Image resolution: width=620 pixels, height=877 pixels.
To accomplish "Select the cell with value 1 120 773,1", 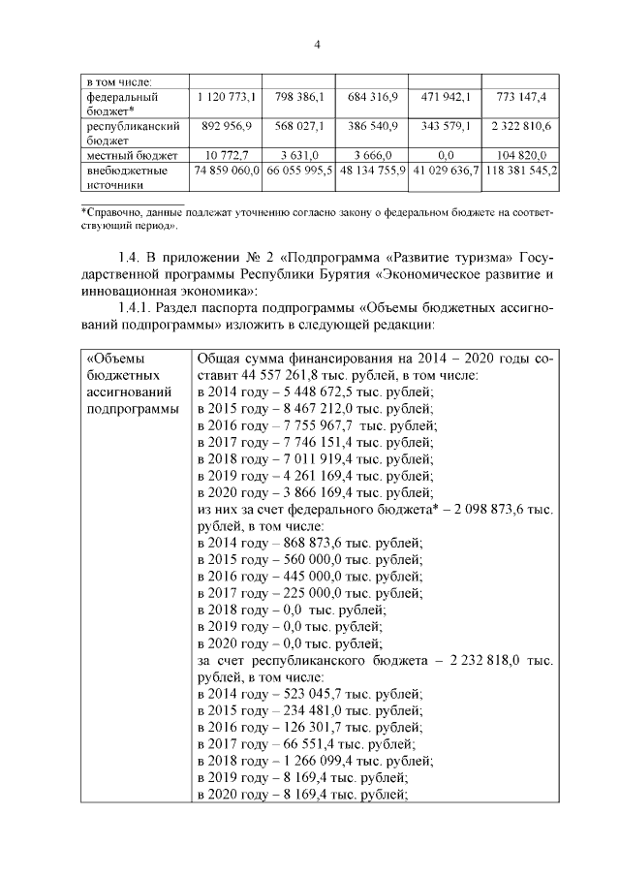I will click(226, 97).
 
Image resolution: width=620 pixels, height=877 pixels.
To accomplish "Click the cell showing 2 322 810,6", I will click(521, 126).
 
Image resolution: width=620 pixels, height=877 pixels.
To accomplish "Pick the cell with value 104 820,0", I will click(521, 155).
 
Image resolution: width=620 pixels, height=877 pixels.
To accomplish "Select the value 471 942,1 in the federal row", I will click(443, 97).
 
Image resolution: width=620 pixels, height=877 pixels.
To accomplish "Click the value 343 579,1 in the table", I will click(443, 126).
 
